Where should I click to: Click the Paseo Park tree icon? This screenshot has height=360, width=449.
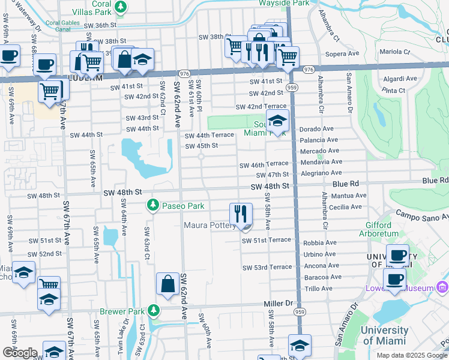154,206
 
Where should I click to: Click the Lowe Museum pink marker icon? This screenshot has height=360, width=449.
443,287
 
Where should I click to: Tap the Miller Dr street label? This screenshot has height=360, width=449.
277,304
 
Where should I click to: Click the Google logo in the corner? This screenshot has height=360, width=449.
19,353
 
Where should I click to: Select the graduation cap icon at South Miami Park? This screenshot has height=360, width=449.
277,121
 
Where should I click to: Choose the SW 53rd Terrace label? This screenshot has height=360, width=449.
267,266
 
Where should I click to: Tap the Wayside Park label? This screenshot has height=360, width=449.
283,3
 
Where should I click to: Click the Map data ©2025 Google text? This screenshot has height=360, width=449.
412,355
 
